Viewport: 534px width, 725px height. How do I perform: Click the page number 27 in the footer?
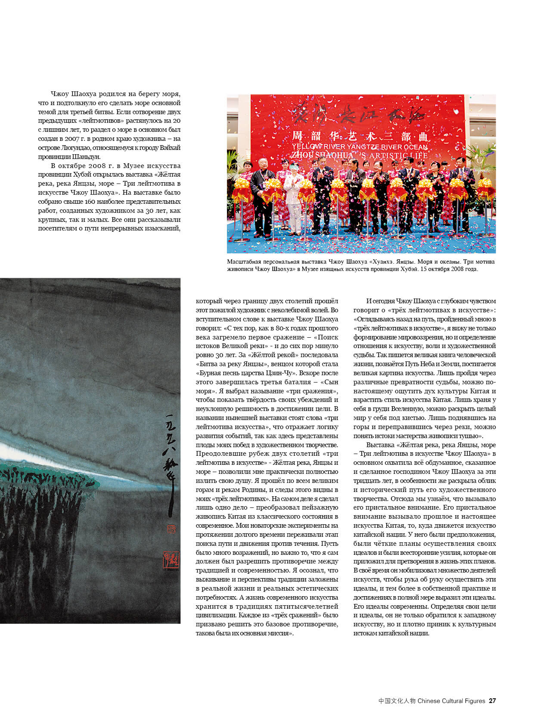point(492,701)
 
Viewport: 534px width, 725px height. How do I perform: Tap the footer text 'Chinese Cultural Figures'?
point(451,701)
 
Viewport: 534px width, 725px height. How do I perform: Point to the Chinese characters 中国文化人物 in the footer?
point(397,701)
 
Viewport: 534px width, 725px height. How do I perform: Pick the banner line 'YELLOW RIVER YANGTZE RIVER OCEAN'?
point(360,147)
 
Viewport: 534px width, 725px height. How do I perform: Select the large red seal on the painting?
point(171,560)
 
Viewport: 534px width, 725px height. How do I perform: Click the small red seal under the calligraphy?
point(171,528)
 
